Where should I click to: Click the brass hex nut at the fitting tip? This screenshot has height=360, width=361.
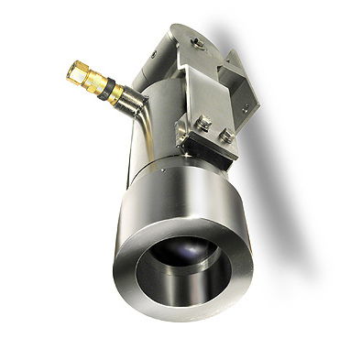[76, 68]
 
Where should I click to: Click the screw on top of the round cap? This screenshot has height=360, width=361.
[194, 40]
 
